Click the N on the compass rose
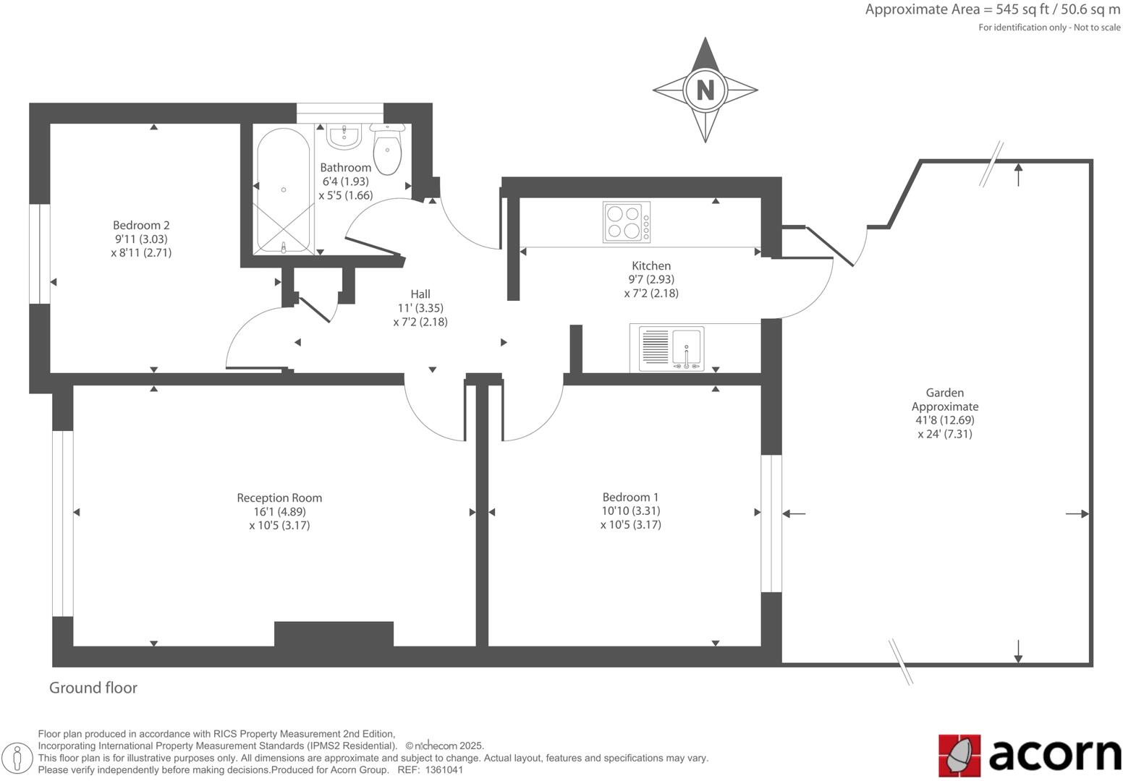[x=705, y=90]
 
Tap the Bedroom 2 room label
[x=141, y=225]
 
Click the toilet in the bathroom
[x=388, y=149]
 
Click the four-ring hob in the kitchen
[x=626, y=222]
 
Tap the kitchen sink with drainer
[x=671, y=348]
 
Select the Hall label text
[x=420, y=294]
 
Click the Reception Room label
[x=279, y=498]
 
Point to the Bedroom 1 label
[x=630, y=497]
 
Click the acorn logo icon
[x=959, y=755]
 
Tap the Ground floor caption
[x=93, y=688]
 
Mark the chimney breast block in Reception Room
[x=334, y=633]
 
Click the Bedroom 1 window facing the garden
[x=771, y=524]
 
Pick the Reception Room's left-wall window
[x=63, y=524]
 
